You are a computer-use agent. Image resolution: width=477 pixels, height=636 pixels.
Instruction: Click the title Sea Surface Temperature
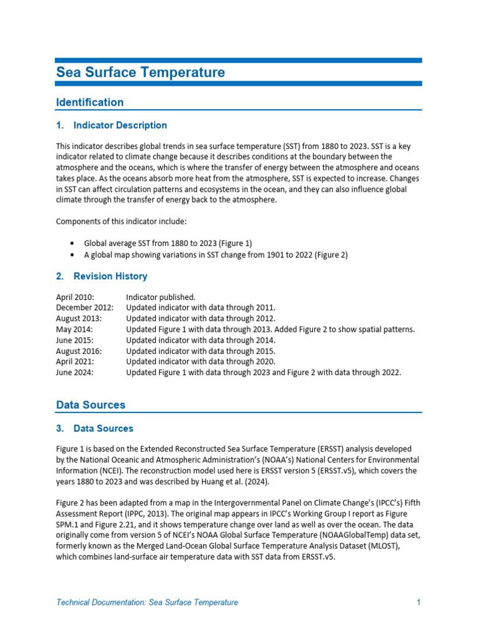coord(140,73)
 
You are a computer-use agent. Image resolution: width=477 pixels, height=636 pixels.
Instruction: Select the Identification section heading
coord(89,102)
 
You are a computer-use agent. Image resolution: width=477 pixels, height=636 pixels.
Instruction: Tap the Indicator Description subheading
coord(120,125)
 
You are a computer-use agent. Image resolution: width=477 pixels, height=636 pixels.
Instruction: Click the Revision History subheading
coord(110,276)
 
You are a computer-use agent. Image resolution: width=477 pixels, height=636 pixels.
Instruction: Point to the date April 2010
coord(76,297)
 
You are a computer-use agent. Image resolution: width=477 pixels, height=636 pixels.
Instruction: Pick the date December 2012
coord(84,307)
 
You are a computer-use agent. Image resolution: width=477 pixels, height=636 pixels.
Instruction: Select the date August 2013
coord(79,319)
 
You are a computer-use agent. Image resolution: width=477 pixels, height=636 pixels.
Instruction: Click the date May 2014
coord(73,329)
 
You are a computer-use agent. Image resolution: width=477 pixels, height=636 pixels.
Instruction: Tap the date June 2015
coord(75,340)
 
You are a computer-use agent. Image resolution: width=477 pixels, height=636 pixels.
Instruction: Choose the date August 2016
coord(79,351)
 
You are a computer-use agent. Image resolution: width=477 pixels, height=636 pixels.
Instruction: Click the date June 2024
coord(75,373)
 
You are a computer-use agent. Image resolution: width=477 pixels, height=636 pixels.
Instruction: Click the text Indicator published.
coord(161,297)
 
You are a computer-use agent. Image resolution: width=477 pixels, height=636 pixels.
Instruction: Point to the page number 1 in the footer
coord(419,602)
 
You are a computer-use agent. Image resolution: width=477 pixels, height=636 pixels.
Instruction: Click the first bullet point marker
coord(73,243)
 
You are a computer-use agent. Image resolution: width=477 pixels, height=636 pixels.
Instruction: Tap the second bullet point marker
coord(73,255)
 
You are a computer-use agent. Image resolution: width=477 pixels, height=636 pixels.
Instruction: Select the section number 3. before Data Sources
coord(60,429)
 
